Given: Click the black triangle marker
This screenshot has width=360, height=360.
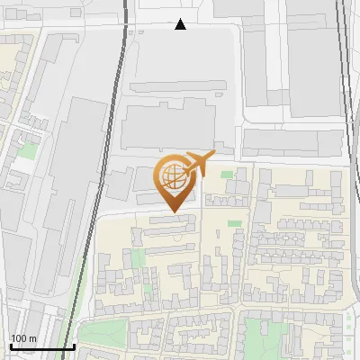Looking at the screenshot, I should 181,24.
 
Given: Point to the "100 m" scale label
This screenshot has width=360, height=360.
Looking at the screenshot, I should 23,338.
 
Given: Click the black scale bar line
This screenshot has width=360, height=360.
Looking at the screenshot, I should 42,346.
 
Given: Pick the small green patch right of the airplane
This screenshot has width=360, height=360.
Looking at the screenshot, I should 227,174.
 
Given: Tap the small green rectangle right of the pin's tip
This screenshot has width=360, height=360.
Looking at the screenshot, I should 234,222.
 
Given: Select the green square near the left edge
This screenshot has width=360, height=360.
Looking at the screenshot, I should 28,150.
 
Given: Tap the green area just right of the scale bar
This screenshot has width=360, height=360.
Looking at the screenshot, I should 99,335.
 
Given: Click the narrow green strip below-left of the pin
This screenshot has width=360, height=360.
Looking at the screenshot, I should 138,261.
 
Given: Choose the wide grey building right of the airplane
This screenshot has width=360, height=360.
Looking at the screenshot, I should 279,141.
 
